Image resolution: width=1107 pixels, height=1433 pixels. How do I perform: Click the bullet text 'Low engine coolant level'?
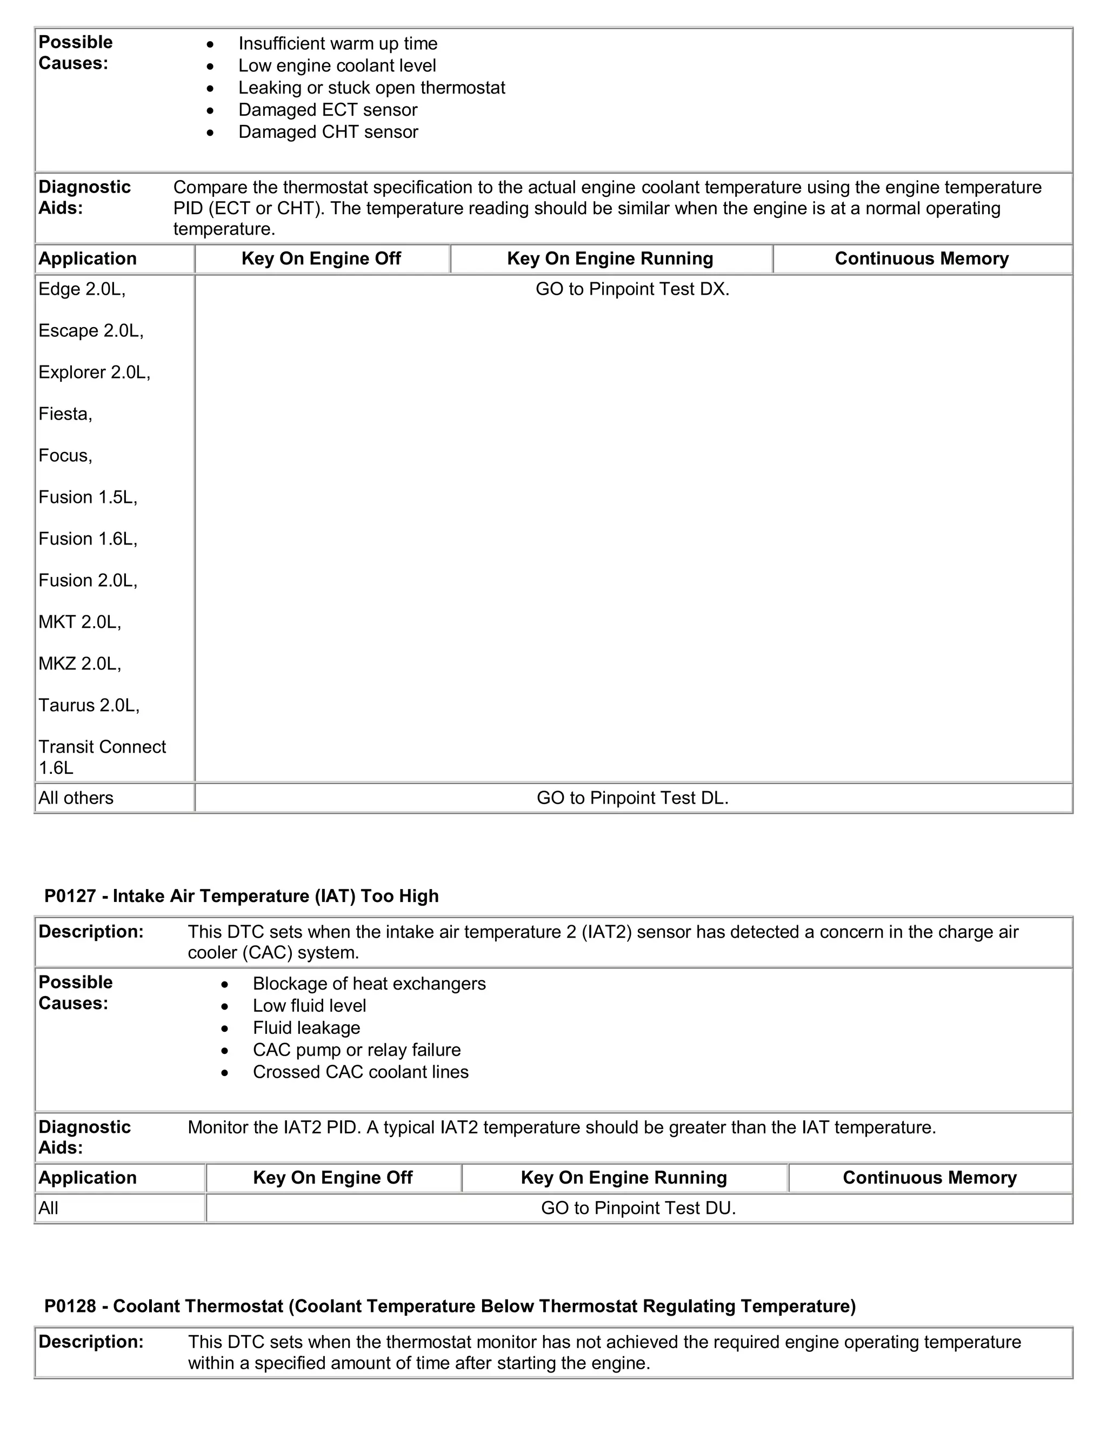(337, 65)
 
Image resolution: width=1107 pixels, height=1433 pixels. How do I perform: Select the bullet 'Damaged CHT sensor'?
(328, 132)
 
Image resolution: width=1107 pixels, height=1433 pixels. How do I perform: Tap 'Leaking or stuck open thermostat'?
(371, 88)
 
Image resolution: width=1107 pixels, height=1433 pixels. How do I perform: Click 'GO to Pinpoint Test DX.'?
(632, 289)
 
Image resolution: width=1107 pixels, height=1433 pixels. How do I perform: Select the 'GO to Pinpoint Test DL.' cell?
(632, 798)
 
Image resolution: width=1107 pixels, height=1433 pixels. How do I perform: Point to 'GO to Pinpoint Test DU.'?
(638, 1208)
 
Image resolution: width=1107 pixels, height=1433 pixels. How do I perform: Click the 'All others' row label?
(76, 798)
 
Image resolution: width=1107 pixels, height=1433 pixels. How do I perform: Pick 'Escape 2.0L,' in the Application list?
(90, 331)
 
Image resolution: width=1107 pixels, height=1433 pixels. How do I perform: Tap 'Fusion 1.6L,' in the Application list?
(88, 539)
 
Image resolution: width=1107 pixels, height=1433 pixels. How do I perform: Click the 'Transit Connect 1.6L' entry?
(102, 757)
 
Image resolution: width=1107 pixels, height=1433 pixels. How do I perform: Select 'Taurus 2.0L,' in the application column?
(89, 705)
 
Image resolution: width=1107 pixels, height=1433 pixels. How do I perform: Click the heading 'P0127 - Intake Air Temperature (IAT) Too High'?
(241, 895)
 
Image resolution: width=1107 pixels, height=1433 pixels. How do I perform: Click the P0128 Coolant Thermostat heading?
(450, 1306)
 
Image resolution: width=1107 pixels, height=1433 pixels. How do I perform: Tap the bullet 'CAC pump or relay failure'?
(356, 1050)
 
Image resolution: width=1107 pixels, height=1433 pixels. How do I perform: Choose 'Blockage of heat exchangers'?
(369, 984)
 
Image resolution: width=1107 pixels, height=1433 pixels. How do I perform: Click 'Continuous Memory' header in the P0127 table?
(929, 1178)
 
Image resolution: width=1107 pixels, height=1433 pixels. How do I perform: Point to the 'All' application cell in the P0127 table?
(49, 1208)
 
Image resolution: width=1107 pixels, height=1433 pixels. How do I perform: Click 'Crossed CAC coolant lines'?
(360, 1072)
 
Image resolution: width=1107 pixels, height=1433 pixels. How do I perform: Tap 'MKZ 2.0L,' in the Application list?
(79, 664)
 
